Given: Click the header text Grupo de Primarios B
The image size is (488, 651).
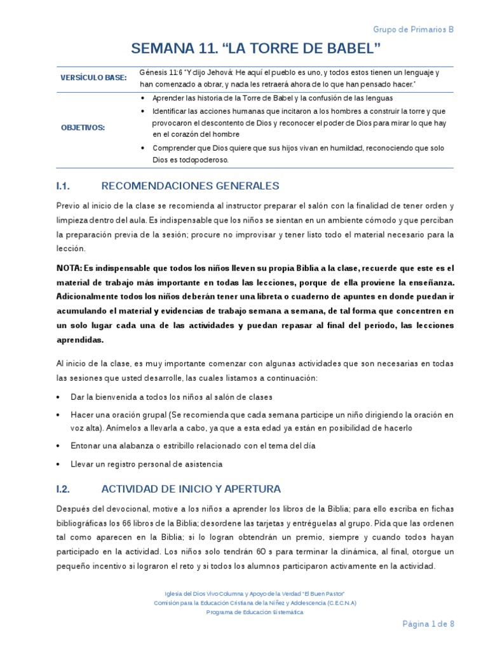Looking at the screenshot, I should click(x=413, y=29).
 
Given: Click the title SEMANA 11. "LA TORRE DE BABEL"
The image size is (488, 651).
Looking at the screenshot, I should click(x=255, y=48).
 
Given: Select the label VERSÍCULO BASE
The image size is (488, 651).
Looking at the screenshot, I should click(x=93, y=78).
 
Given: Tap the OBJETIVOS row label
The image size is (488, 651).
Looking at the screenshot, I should click(x=83, y=127).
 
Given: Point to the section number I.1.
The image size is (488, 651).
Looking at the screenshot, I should click(x=62, y=186).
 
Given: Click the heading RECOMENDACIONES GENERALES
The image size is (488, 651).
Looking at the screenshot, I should click(x=190, y=186).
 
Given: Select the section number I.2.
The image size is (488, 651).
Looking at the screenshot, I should click(x=62, y=489).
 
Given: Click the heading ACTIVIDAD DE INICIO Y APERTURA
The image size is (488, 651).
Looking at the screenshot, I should click(x=191, y=489).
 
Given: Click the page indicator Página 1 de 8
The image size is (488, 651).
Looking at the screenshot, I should click(x=429, y=624).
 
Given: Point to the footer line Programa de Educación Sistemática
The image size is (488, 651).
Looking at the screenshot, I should click(x=255, y=612).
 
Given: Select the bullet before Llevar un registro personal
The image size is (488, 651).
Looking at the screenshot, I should click(x=58, y=464).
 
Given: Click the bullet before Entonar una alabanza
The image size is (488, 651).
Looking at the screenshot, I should click(x=58, y=446).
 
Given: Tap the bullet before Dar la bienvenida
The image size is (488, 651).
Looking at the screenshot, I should click(x=58, y=397).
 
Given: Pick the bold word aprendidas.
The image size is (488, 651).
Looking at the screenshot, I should click(x=80, y=339).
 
